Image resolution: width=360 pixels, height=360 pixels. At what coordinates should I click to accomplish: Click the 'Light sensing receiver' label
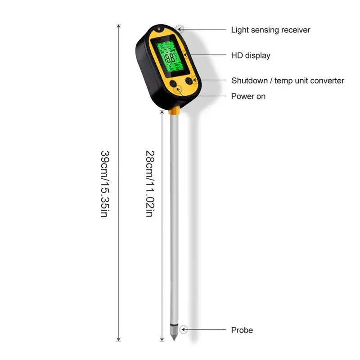coord(270,30)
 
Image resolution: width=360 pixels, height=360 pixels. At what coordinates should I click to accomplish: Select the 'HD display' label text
coord(251,56)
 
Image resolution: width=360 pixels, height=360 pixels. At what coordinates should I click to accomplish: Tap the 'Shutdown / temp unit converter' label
coord(288,81)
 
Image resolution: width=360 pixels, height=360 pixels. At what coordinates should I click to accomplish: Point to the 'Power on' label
coord(248,96)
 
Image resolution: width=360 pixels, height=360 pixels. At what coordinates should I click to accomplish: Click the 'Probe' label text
coord(242,330)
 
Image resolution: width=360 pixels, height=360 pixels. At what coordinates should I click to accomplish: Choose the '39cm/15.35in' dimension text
coord(104,183)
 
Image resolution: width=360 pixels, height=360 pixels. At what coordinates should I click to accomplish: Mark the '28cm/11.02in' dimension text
coord(150,183)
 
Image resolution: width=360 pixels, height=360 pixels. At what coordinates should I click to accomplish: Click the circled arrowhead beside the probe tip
coord(184,330)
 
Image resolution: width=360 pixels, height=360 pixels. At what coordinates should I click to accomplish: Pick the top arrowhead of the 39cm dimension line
coord(119,26)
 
